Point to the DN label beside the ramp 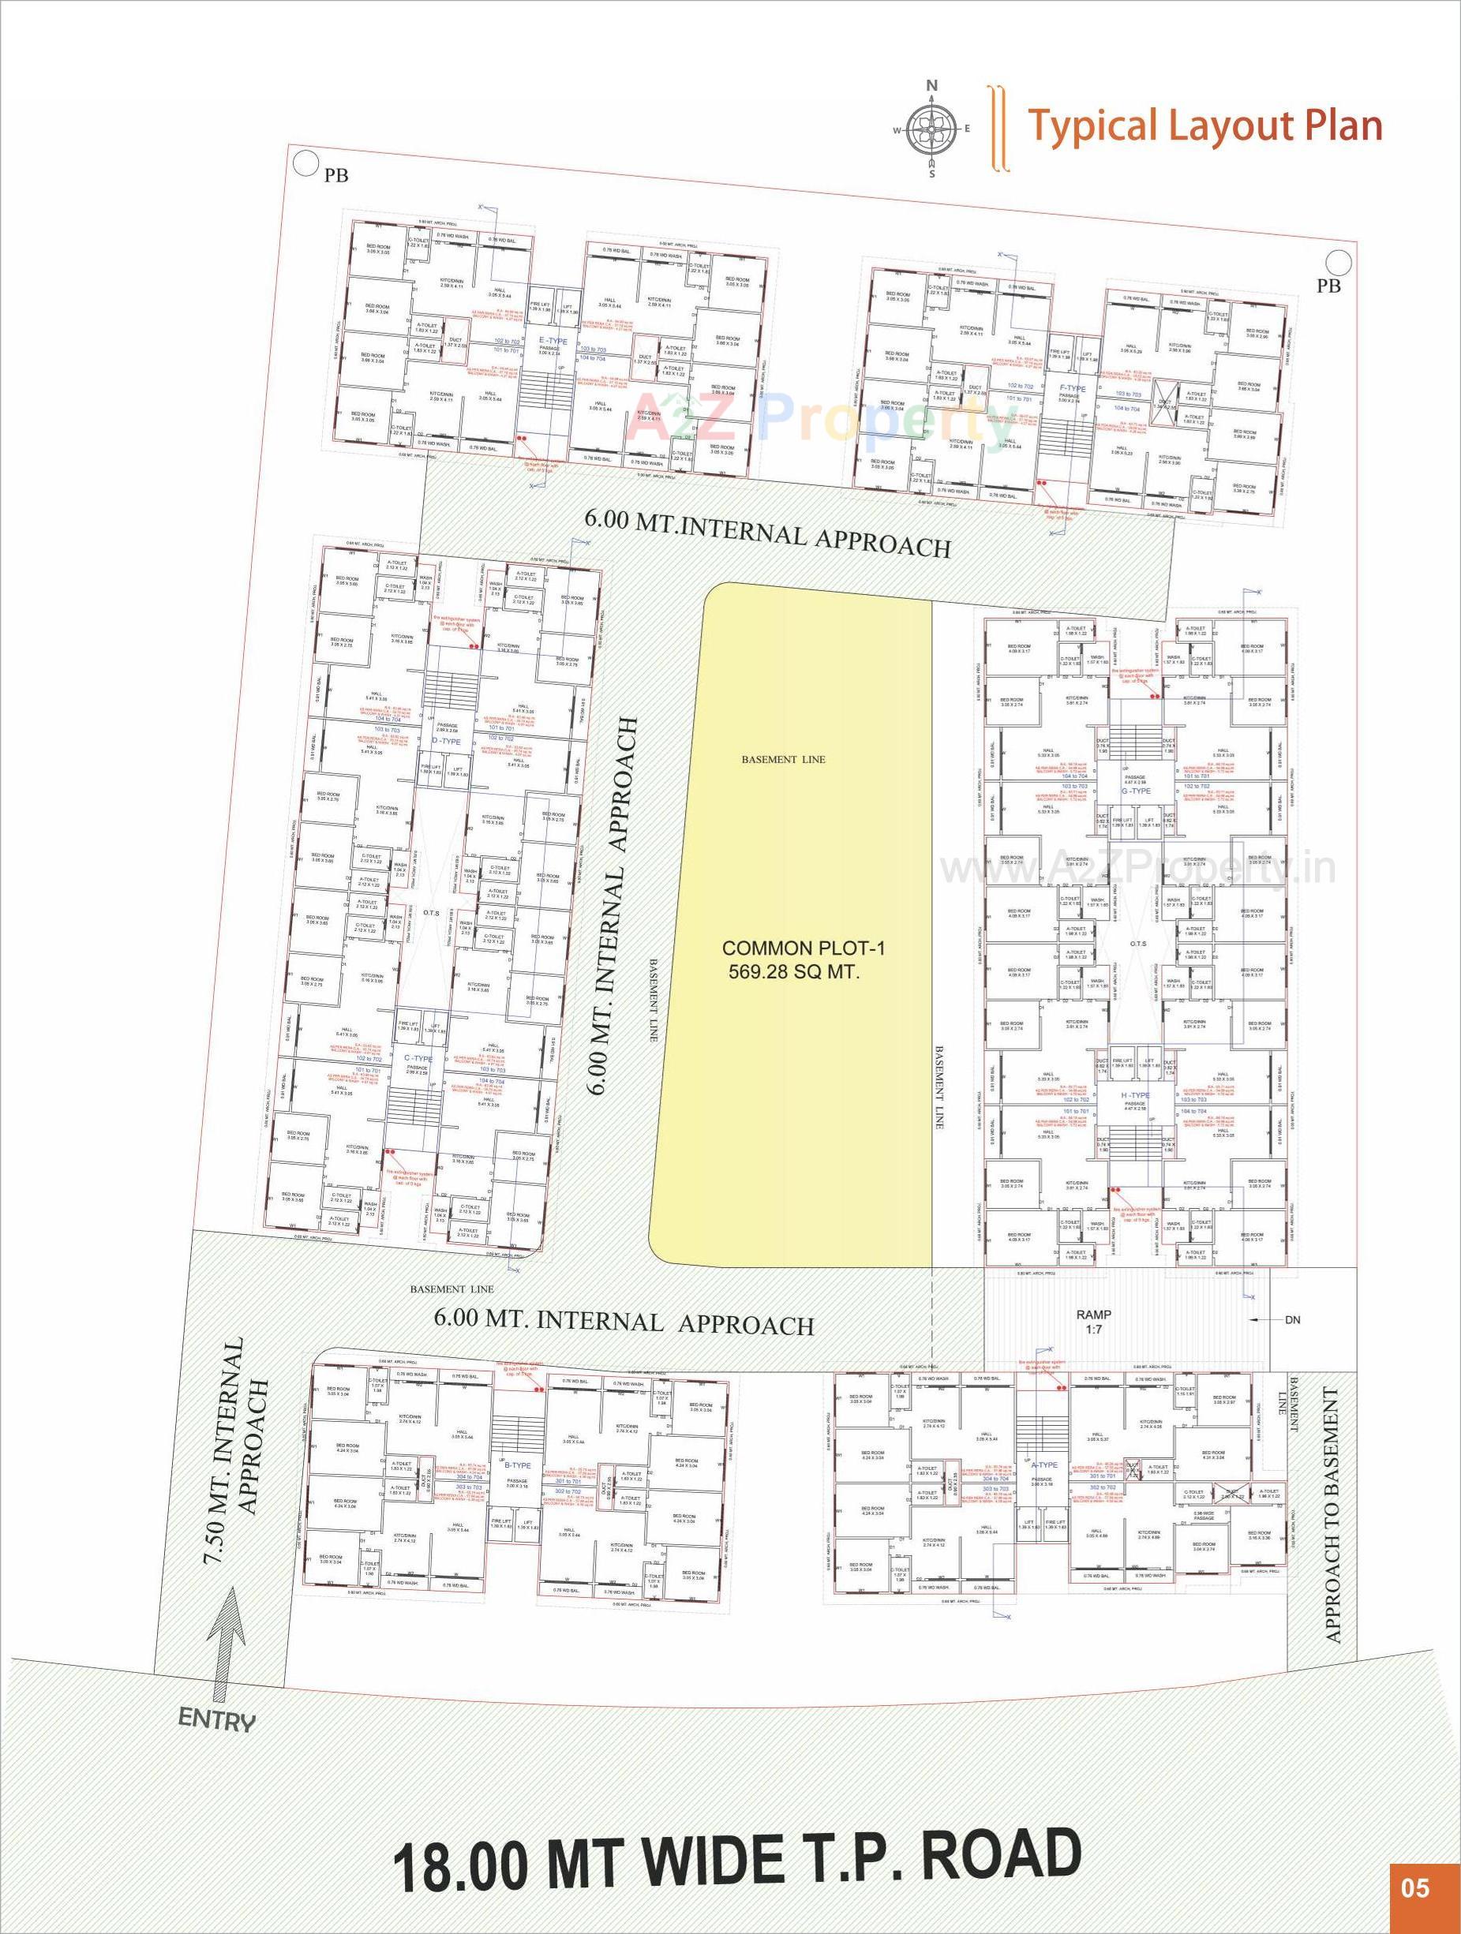[1291, 1319]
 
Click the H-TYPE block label [1136, 1094]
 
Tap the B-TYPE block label [519, 1465]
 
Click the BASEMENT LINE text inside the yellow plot [784, 760]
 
